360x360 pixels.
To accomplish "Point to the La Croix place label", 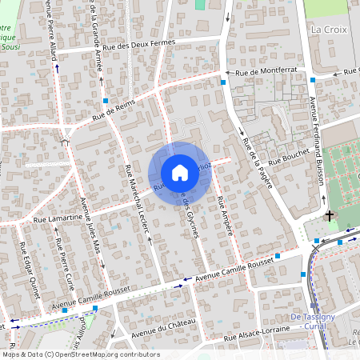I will coord(326,29).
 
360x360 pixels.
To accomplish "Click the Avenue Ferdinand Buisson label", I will coord(318,141).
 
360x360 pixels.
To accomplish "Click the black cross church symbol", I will coord(329,216).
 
